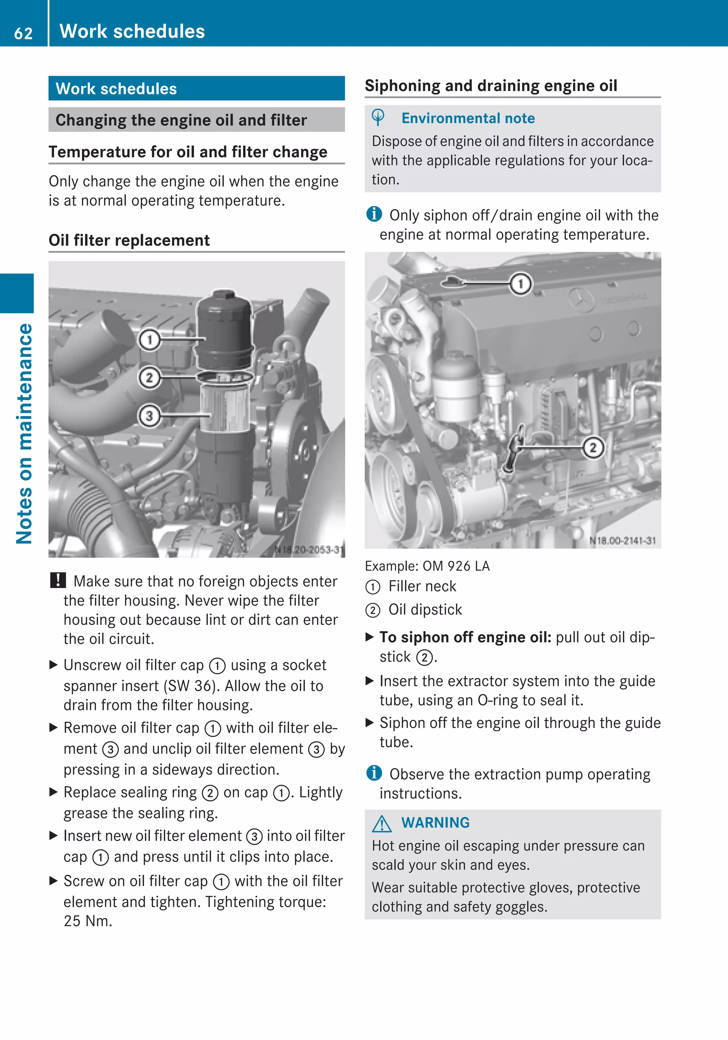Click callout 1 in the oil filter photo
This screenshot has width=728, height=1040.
[149, 340]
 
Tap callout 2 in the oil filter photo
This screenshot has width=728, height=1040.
[149, 377]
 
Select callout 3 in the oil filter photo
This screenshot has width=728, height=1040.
[149, 415]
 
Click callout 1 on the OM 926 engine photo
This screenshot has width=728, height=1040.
[521, 284]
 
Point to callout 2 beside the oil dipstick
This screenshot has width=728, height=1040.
[593, 448]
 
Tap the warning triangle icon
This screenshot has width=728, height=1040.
[382, 823]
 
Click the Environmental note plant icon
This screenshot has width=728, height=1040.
[378, 118]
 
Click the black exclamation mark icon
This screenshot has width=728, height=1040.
[58, 580]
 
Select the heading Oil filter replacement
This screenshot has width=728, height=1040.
[129, 240]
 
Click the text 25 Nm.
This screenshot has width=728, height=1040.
[88, 921]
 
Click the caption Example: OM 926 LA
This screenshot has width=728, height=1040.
[427, 566]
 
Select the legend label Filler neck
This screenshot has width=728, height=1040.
[422, 586]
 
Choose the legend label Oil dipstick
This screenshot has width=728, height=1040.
[425, 610]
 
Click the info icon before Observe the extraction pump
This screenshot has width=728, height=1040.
[374, 773]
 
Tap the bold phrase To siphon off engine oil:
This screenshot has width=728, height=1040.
[465, 637]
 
